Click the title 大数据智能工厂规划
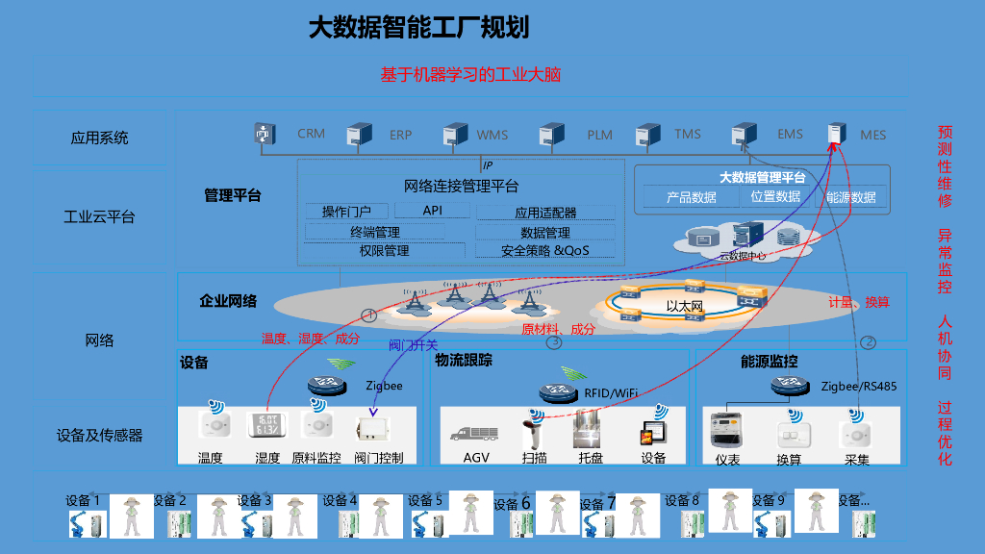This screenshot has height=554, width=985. (x=418, y=27)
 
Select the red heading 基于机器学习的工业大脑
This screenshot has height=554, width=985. (x=470, y=75)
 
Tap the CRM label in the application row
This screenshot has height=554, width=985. (x=311, y=134)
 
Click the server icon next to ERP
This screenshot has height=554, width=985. (x=360, y=135)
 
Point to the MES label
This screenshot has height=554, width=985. (x=873, y=136)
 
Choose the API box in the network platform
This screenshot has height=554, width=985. (x=433, y=211)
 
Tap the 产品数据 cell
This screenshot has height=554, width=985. (x=692, y=197)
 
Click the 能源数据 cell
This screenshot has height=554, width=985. (x=851, y=197)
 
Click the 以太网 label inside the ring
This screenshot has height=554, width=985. (x=686, y=307)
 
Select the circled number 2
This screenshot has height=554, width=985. (x=868, y=341)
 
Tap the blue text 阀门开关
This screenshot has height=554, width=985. (x=413, y=344)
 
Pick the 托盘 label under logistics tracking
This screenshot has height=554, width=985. (x=591, y=458)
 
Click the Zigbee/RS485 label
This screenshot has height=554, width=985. (x=859, y=387)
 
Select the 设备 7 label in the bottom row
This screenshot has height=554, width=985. (x=598, y=503)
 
